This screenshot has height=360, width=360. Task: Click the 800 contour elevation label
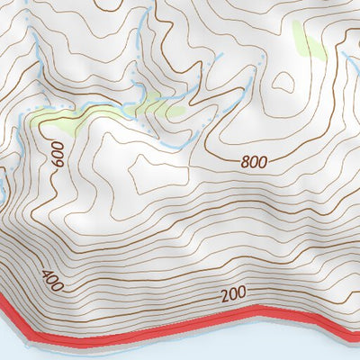(x=255, y=163)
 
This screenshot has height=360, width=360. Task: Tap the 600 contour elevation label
(x=58, y=155)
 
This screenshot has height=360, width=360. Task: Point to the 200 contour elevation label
(x=233, y=294)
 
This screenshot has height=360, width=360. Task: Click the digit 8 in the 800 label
(x=245, y=162)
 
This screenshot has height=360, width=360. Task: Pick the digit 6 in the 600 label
(x=58, y=165)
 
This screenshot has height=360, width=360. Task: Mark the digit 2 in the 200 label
(x=223, y=295)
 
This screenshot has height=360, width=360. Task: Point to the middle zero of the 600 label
(x=58, y=155)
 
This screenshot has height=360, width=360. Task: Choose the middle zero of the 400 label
(x=52, y=282)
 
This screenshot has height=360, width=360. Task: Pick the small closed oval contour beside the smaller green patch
(x=283, y=82)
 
